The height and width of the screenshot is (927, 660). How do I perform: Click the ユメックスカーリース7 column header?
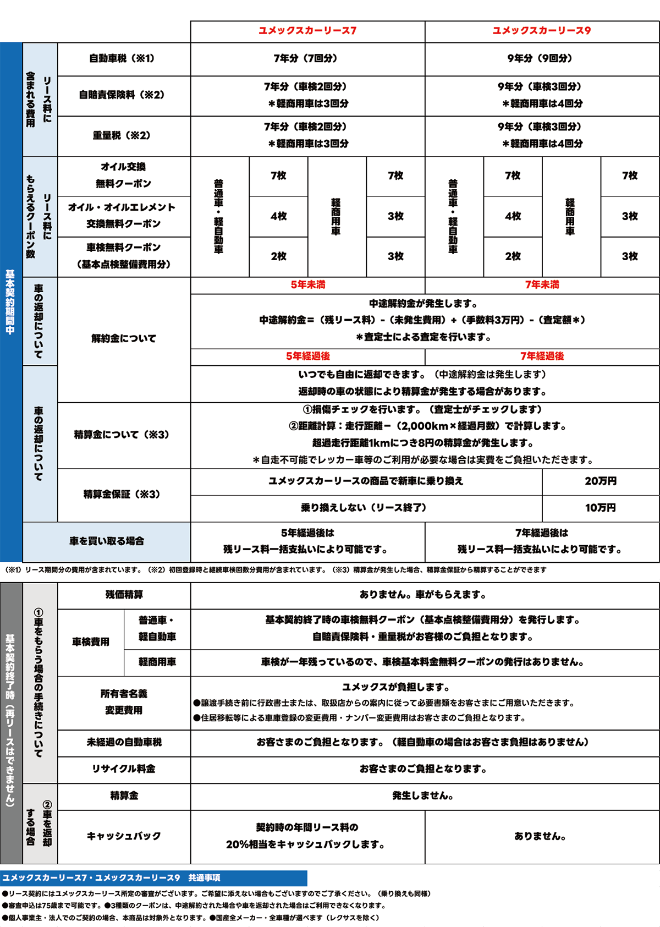tap(307, 31)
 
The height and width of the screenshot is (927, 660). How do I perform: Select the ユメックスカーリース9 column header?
tap(542, 31)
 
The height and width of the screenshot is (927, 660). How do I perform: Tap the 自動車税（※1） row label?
tap(122, 58)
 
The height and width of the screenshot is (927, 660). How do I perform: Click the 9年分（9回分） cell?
tap(542, 58)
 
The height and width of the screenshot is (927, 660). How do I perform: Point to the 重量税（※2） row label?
tap(122, 135)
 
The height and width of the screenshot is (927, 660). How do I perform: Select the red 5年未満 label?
tap(307, 285)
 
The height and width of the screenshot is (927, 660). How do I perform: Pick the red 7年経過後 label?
tap(542, 356)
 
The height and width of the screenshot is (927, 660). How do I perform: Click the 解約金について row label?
tap(124, 338)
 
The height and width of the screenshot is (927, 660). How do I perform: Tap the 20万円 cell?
tap(601, 481)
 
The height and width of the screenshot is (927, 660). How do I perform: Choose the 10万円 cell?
tap(601, 508)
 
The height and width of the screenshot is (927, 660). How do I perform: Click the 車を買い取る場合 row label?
tap(107, 541)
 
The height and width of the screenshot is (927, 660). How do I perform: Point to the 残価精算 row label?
tap(124, 595)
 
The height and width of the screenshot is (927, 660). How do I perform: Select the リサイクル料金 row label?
tap(124, 769)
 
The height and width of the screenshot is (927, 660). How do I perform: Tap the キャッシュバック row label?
tap(124, 836)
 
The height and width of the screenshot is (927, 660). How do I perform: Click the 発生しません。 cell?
tap(423, 796)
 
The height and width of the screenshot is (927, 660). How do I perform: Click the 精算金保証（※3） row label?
tap(122, 494)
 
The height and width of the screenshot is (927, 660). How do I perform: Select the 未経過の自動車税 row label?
tap(124, 742)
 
